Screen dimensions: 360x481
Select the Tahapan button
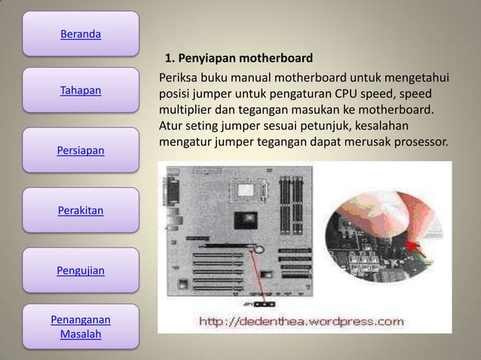[x=81, y=91]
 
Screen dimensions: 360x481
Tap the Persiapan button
[x=81, y=151]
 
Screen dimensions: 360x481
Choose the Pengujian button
[x=81, y=269]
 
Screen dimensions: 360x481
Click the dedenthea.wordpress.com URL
[x=301, y=322]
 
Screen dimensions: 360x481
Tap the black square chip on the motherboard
[x=246, y=220]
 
